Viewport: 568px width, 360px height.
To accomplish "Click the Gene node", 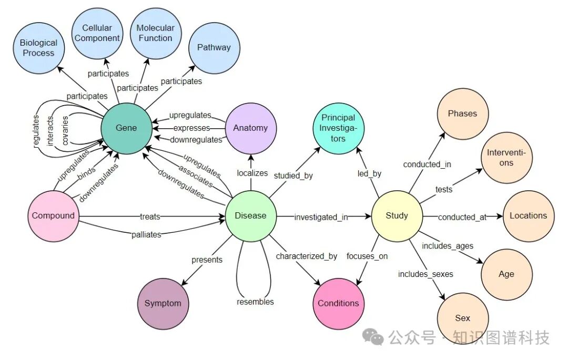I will (x=126, y=128).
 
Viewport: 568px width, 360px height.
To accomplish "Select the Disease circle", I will (x=250, y=215).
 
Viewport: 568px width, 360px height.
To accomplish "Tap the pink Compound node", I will (x=53, y=215).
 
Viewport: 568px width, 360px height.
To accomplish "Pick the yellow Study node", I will (x=397, y=215).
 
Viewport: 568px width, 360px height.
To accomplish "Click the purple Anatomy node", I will (x=250, y=128).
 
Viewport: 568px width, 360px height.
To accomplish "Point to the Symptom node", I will (x=163, y=303).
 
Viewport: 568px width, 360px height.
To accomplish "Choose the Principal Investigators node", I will (x=338, y=128).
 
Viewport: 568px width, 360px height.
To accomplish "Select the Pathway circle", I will (x=214, y=47).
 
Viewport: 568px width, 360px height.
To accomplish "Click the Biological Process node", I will (x=38, y=47).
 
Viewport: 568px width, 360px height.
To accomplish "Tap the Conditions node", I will (x=338, y=303).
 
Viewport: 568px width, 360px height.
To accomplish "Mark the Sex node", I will (x=463, y=318).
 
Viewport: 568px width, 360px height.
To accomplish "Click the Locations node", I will (x=528, y=215).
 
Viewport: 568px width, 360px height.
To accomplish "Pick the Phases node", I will (x=462, y=113).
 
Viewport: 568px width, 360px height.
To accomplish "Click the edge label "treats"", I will (x=150, y=216).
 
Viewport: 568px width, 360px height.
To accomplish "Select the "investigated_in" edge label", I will (x=321, y=217).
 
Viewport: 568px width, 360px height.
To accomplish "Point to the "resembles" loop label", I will (x=255, y=302).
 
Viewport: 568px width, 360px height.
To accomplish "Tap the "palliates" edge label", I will (x=146, y=234).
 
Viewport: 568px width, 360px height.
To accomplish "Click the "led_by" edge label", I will (x=369, y=173).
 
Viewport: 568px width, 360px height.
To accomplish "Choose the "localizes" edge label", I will (x=252, y=173).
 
